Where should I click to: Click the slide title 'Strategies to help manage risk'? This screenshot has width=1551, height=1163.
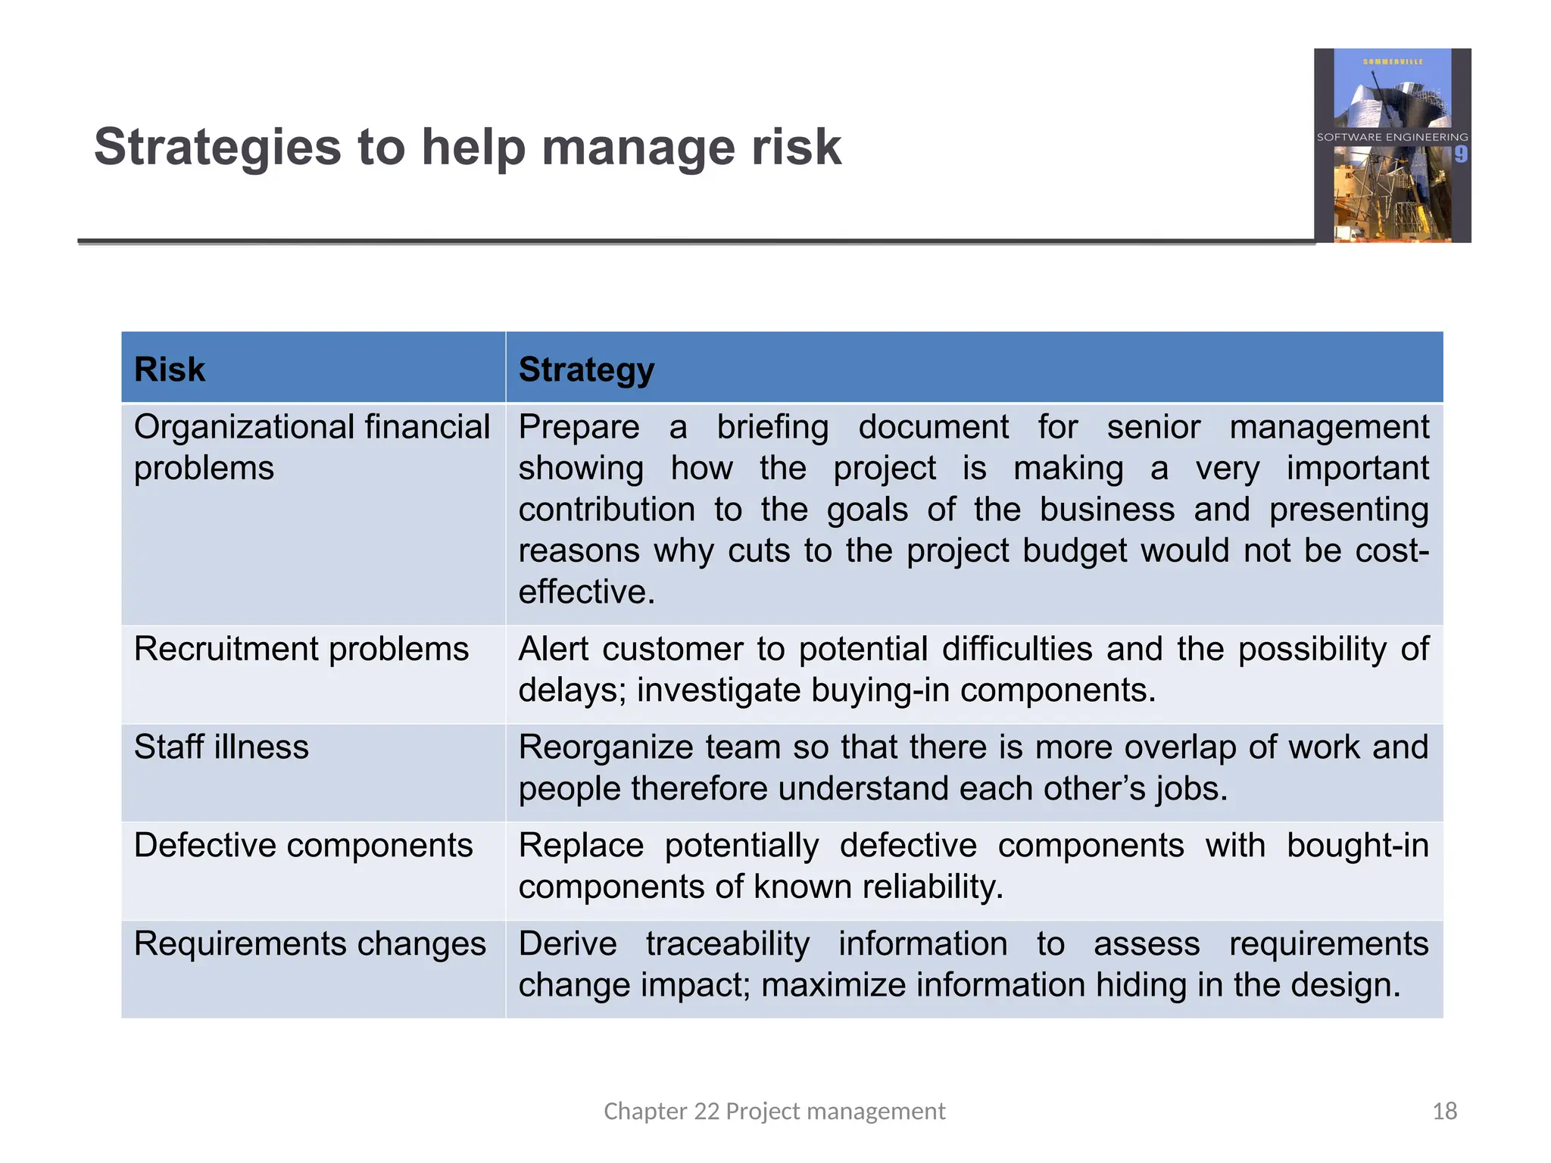click(x=467, y=147)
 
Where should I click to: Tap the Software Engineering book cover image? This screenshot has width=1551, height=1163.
click(x=1392, y=145)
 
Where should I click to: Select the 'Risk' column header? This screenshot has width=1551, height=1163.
click(x=170, y=369)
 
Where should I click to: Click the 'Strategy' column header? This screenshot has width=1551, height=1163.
click(x=586, y=369)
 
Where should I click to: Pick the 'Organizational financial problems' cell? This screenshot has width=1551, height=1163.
click(x=311, y=447)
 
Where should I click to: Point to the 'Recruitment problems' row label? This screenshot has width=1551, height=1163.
click(x=301, y=649)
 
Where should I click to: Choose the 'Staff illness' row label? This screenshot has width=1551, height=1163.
click(x=221, y=747)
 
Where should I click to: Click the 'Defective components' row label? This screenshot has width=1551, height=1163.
click(x=303, y=845)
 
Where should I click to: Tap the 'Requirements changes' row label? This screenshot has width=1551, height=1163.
click(x=310, y=943)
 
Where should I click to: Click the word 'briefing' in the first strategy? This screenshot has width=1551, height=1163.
click(x=772, y=428)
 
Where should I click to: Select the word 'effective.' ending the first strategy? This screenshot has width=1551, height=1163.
click(x=586, y=591)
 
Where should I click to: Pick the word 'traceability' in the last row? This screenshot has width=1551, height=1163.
click(x=727, y=943)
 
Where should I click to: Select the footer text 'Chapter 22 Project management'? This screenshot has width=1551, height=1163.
click(x=774, y=1111)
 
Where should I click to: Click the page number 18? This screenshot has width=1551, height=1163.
click(x=1444, y=1111)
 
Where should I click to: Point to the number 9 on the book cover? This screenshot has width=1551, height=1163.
click(x=1460, y=154)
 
